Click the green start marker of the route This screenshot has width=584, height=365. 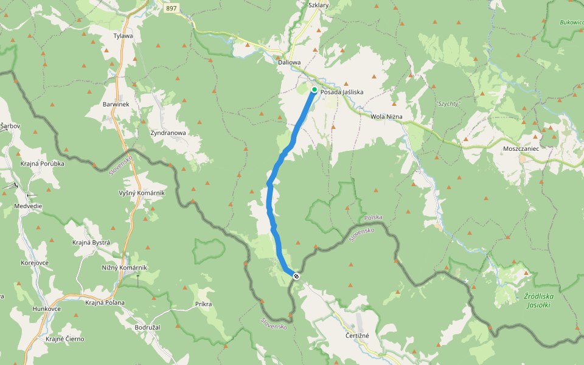click(315, 89)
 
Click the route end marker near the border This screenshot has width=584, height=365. click(296, 276)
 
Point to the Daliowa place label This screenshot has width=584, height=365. click(289, 62)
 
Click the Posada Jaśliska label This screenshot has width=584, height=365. click(342, 92)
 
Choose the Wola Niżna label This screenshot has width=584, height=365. click(387, 116)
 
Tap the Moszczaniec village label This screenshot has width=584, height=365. click(521, 148)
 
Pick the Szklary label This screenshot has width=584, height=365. click(318, 5)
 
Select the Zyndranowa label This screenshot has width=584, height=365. click(167, 132)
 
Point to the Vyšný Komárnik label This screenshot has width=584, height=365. click(142, 193)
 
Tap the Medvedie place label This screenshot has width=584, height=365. click(28, 206)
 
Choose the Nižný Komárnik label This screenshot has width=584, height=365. click(124, 268)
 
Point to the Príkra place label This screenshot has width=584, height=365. click(203, 303)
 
